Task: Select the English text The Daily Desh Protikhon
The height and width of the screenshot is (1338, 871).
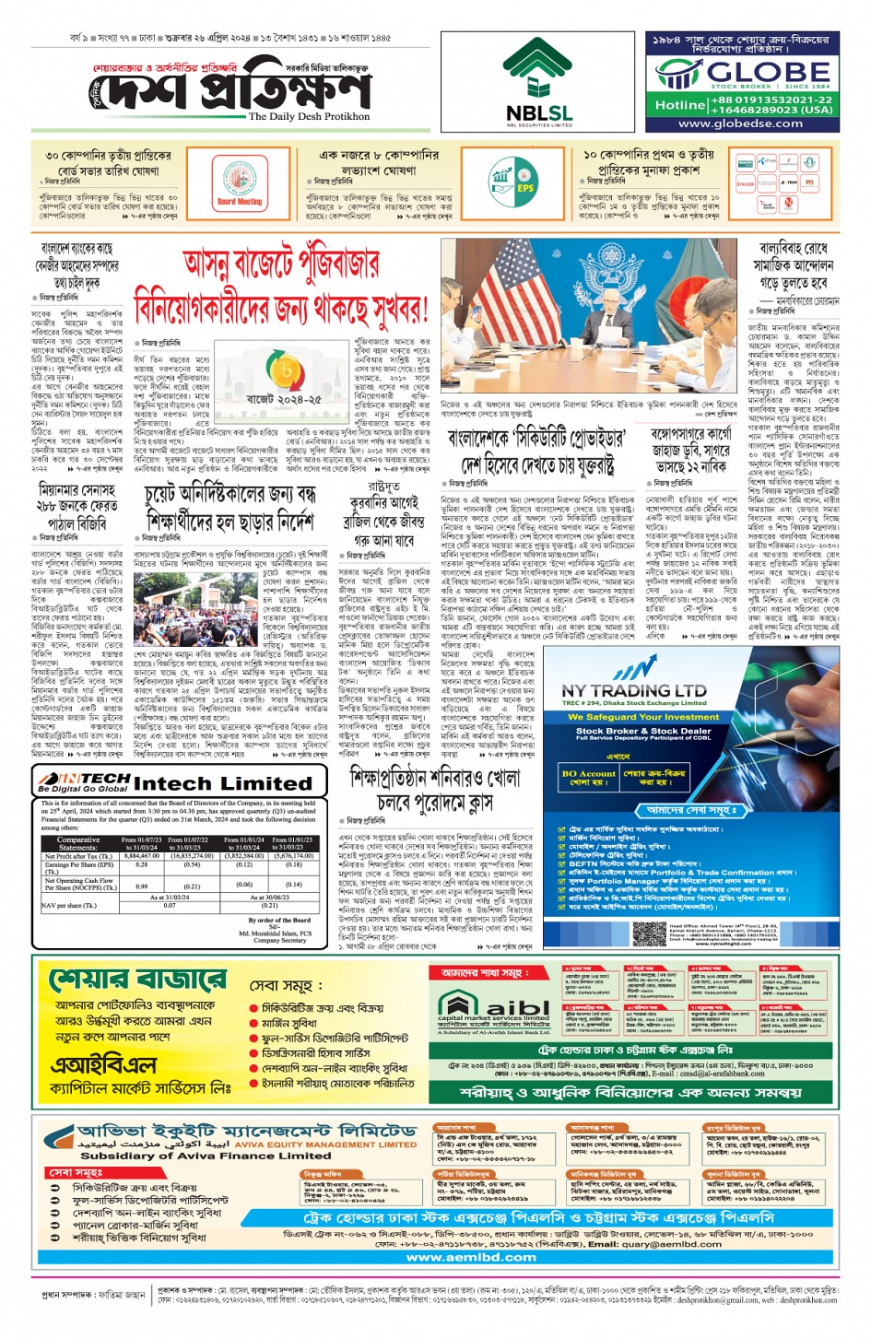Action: [x=309, y=117]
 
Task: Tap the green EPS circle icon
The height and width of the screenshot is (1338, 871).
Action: [x=514, y=182]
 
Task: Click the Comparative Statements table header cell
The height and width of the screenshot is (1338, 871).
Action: [x=78, y=843]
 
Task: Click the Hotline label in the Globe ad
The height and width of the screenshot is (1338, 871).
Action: [x=679, y=105]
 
